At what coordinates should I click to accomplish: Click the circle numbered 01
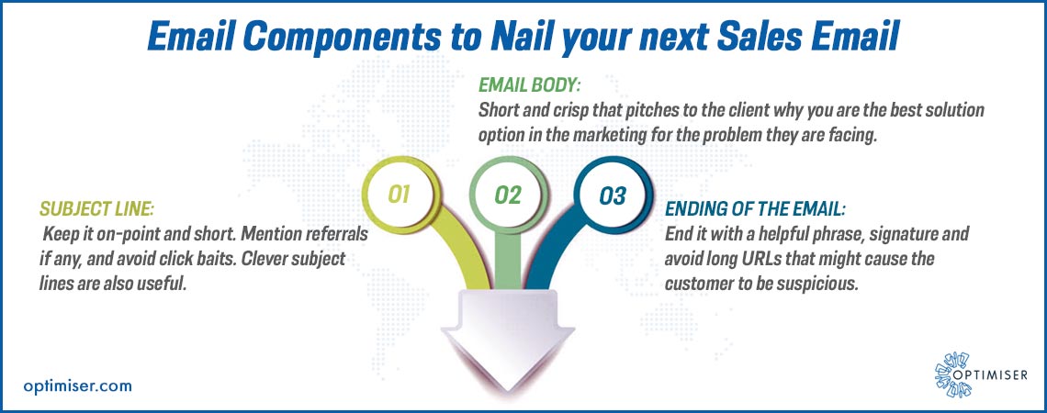tap(399, 195)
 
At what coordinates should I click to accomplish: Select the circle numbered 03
tap(612, 195)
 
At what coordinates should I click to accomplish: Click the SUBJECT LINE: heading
tap(97, 209)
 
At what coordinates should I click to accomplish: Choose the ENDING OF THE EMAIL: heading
tap(755, 210)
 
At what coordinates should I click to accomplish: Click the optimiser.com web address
tap(77, 385)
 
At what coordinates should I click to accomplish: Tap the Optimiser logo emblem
tap(952, 375)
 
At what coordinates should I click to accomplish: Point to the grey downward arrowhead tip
tap(509, 391)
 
